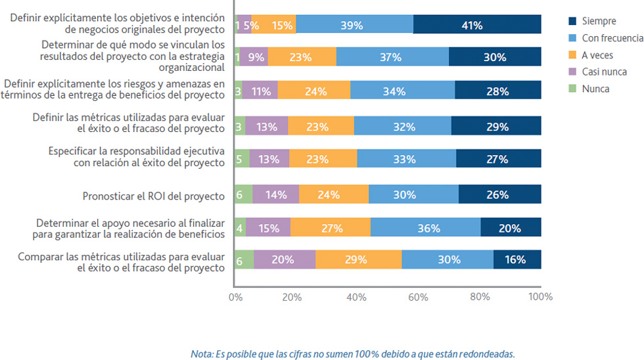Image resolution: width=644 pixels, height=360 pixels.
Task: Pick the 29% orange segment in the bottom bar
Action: click(x=358, y=259)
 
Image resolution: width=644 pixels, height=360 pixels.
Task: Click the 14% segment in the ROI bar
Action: click(x=276, y=194)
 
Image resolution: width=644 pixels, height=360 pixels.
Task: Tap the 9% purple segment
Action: click(x=254, y=57)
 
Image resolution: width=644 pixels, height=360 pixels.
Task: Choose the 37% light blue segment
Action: click(x=393, y=57)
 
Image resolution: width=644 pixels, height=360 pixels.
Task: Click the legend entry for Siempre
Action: click(x=598, y=21)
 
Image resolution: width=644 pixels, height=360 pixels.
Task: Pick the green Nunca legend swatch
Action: click(x=572, y=89)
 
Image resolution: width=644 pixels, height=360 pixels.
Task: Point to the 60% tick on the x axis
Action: click(x=418, y=297)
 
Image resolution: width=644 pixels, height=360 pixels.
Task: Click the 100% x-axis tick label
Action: click(x=540, y=297)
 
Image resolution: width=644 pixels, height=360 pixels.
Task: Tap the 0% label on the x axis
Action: click(x=235, y=297)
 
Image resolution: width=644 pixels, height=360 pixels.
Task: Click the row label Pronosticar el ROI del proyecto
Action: click(x=153, y=196)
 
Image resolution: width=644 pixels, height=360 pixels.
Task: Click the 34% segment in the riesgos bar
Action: click(x=402, y=91)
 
